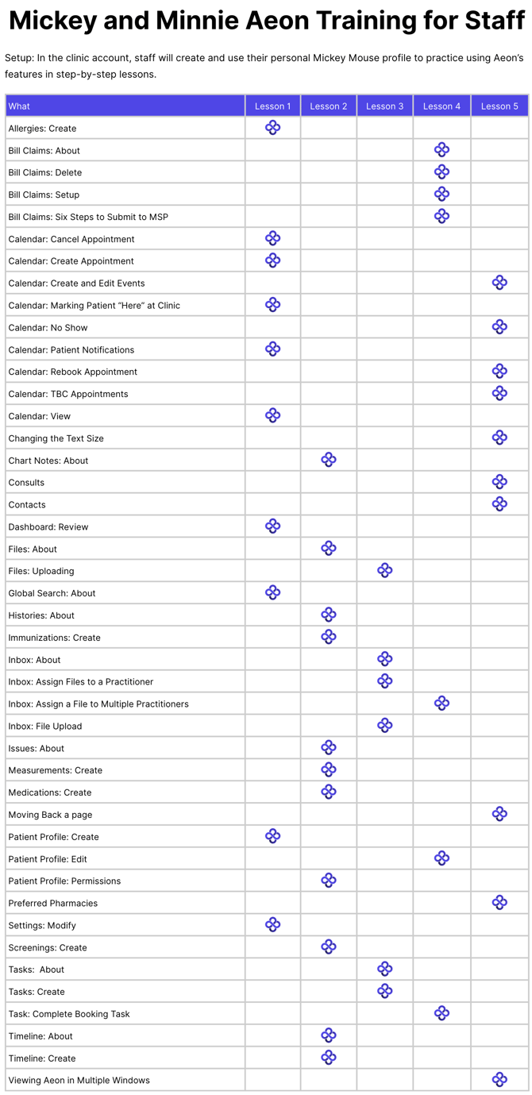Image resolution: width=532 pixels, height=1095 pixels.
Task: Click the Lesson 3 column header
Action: click(385, 106)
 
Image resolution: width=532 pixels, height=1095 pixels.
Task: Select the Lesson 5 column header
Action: click(499, 106)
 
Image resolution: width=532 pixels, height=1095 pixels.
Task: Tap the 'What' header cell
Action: click(19, 106)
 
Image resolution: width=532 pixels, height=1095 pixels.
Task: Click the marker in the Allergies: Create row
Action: click(272, 128)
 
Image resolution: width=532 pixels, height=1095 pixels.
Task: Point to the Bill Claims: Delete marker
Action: click(442, 172)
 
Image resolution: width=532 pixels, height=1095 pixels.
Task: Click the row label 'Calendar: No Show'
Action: click(48, 328)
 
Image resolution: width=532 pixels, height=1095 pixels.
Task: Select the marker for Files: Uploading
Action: click(385, 570)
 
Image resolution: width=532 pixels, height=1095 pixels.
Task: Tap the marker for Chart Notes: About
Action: click(329, 460)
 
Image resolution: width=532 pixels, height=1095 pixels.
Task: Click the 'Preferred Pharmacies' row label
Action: click(53, 903)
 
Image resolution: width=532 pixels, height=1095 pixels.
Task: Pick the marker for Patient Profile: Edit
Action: click(442, 858)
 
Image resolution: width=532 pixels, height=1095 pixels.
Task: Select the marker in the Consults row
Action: click(499, 482)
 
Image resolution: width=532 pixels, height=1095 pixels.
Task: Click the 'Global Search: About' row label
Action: click(52, 593)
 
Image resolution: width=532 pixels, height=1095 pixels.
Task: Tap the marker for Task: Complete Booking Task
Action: click(442, 1013)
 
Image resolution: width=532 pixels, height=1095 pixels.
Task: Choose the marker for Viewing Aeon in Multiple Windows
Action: click(499, 1079)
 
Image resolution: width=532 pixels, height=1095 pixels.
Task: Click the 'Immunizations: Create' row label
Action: click(54, 638)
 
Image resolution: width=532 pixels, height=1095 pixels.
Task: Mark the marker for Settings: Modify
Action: click(272, 924)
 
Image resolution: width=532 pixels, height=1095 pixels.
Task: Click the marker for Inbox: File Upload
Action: click(385, 725)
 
